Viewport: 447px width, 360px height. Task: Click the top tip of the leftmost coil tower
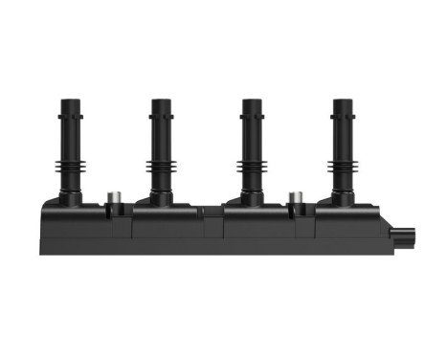tap(70, 100)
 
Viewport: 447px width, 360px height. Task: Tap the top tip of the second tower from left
tap(161, 100)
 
